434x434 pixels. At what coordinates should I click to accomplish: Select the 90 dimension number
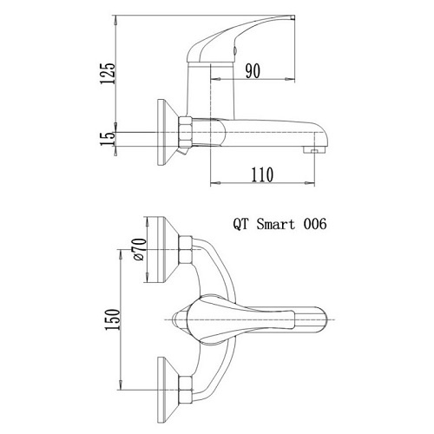pyautogui.click(x=254, y=72)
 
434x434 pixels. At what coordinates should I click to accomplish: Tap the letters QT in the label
pyautogui.click(x=242, y=223)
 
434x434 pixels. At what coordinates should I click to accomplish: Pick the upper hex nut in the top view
pyautogui.click(x=186, y=248)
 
